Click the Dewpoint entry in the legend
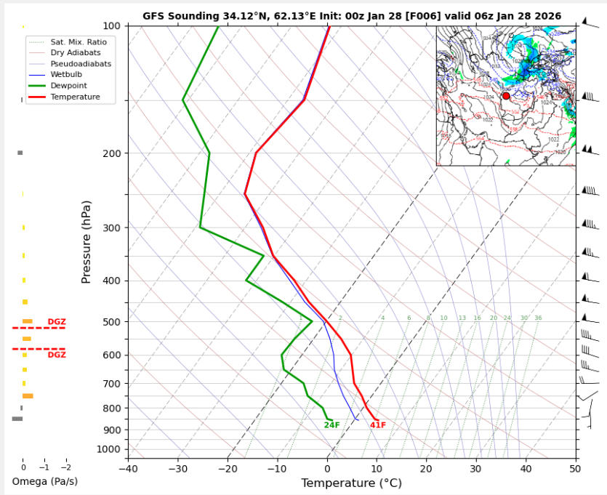click(x=71, y=85)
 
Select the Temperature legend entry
click(x=75, y=97)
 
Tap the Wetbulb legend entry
click(x=66, y=74)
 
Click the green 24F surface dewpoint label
click(x=331, y=425)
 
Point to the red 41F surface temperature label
click(x=378, y=425)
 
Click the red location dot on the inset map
click(x=506, y=96)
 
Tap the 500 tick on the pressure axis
click(x=113, y=322)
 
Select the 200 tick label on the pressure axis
click(x=113, y=153)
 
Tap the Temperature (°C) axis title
click(x=351, y=483)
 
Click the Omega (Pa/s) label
click(x=44, y=481)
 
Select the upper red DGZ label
click(x=57, y=322)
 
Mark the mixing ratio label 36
click(x=538, y=318)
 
